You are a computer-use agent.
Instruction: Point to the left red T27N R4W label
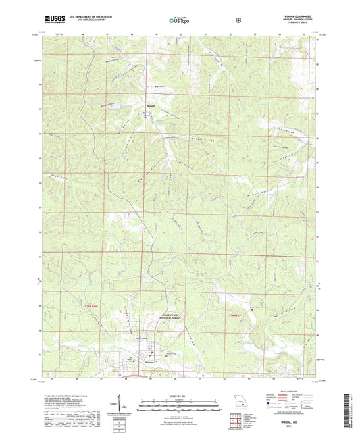[96, 307]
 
